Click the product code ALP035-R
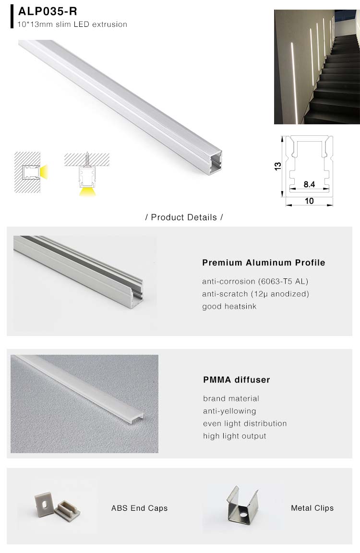click(x=48, y=12)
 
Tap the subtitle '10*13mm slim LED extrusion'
click(x=72, y=24)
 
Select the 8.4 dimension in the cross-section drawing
click(x=309, y=184)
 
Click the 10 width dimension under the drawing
click(x=309, y=201)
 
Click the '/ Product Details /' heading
click(x=184, y=217)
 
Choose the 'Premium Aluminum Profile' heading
click(x=264, y=263)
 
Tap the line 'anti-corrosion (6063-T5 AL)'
click(x=255, y=281)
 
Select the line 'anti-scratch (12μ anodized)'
click(x=255, y=294)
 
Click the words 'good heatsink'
click(x=229, y=306)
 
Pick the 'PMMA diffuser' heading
click(x=236, y=380)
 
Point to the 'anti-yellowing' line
click(x=229, y=411)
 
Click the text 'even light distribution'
click(x=245, y=423)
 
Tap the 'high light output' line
click(x=234, y=436)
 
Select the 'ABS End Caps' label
click(x=139, y=508)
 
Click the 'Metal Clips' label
click(x=312, y=508)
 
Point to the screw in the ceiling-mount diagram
click(x=87, y=158)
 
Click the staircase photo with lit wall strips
click(x=317, y=67)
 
